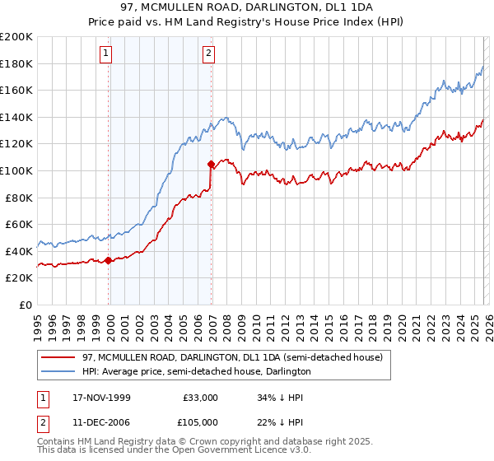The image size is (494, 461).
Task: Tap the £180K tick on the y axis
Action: [x=16, y=63]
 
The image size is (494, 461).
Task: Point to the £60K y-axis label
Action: [x=19, y=224]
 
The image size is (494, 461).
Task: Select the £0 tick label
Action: [x=26, y=305]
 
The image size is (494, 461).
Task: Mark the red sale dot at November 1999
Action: [x=109, y=260]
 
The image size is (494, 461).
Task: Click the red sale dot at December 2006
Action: [x=212, y=164]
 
